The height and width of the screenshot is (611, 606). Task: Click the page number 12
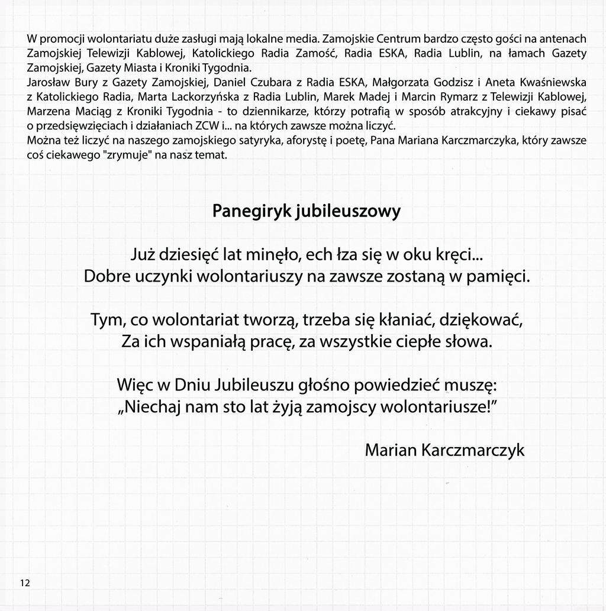pyautogui.click(x=25, y=583)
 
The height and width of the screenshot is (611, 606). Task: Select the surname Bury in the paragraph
pyautogui.click(x=86, y=82)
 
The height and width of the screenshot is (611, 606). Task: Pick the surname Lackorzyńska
pyautogui.click(x=195, y=96)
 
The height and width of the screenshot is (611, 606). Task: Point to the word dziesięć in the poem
pyautogui.click(x=192, y=256)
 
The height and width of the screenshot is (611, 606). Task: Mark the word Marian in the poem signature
pyautogui.click(x=391, y=451)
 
